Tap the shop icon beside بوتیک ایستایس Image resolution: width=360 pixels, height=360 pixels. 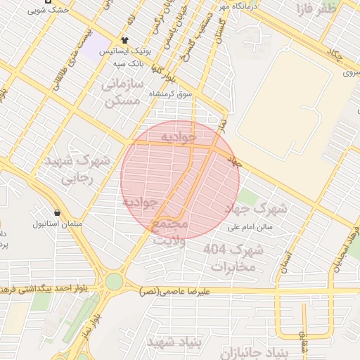124,40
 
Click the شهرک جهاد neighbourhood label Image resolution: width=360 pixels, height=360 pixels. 256,209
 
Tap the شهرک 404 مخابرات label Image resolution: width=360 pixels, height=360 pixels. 233,258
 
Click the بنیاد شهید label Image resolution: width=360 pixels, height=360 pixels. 174,341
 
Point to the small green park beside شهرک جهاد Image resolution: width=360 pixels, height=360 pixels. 247,197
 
